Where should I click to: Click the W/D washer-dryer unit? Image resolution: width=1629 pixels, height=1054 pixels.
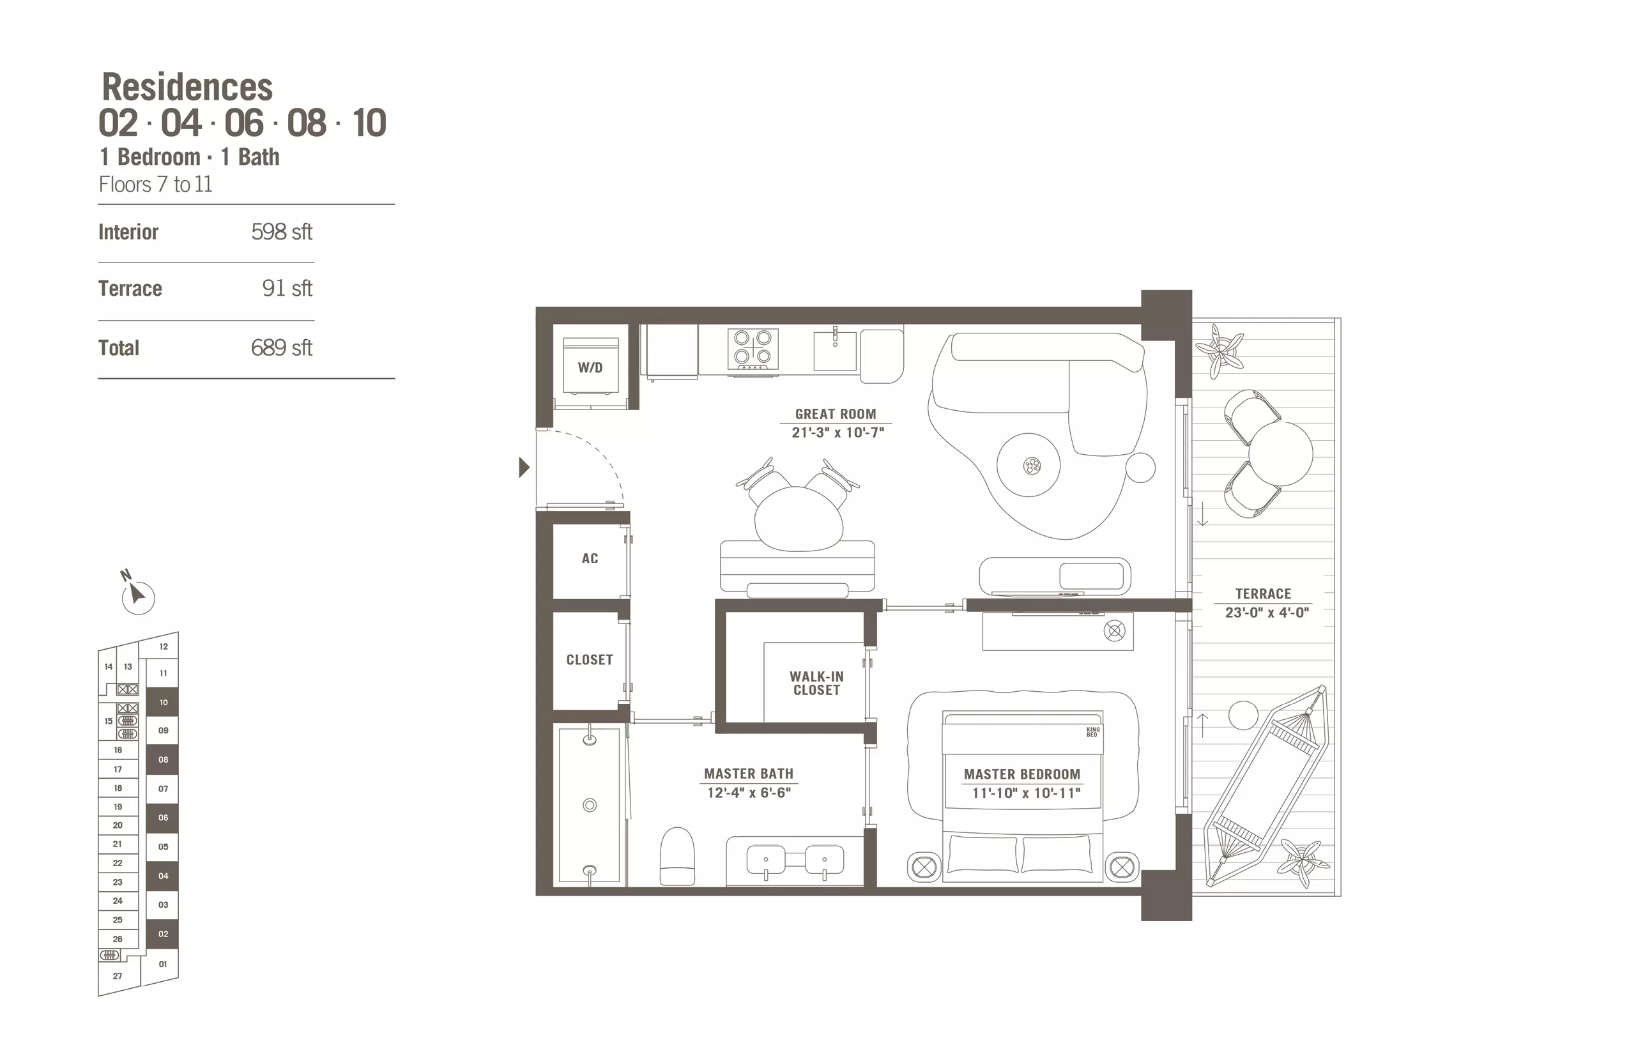591,367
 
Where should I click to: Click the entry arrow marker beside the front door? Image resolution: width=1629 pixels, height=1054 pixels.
524,468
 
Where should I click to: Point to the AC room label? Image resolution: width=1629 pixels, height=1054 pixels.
590,558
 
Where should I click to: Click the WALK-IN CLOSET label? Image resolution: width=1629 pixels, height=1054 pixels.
816,683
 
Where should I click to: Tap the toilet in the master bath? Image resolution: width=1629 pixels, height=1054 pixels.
678,856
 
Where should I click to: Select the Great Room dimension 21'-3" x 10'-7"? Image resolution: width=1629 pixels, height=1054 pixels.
837,432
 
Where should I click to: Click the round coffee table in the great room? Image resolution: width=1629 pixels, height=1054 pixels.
1029,466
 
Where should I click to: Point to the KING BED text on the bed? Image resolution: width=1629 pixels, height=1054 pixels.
1093,732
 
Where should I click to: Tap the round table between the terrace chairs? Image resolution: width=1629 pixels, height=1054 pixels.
1281,454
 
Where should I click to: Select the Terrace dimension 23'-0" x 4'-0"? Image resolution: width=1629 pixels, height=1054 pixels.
1267,613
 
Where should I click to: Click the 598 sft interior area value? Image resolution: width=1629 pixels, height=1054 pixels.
281,232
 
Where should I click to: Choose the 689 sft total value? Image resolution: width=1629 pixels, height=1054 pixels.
281,348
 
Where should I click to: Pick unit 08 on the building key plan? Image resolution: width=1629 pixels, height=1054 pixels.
163,760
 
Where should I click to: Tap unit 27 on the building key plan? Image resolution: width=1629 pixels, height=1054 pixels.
118,976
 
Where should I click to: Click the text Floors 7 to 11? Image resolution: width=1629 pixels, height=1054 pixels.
155,185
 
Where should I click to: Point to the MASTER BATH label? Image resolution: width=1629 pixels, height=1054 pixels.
749,774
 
